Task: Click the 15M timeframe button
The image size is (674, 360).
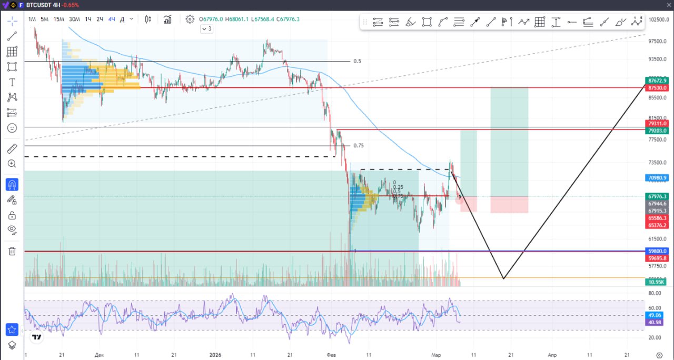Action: [x=58, y=19]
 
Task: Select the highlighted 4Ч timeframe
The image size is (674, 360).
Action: [x=112, y=19]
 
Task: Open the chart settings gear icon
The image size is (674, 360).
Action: [x=190, y=19]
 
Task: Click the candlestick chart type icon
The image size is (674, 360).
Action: [x=148, y=19]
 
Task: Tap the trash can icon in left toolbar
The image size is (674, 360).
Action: [x=12, y=251]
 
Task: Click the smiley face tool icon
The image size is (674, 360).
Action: [x=12, y=128]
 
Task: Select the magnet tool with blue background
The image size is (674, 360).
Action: [x=12, y=185]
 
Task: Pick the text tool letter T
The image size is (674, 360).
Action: [x=12, y=82]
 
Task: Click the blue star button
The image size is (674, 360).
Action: [x=12, y=330]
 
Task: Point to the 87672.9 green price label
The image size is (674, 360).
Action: [x=658, y=81]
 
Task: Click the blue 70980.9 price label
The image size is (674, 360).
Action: [x=658, y=178]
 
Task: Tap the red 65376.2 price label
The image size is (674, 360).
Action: [x=658, y=225]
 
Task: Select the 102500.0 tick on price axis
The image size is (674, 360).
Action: [x=658, y=19]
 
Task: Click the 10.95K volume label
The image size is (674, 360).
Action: [x=658, y=282]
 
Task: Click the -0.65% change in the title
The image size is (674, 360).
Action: [x=71, y=5]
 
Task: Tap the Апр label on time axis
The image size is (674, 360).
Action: [x=552, y=355]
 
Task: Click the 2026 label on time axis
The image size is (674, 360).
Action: [x=216, y=355]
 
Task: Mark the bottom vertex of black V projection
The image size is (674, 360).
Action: [x=503, y=278]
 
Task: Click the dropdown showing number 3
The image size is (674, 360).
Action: [x=206, y=29]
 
